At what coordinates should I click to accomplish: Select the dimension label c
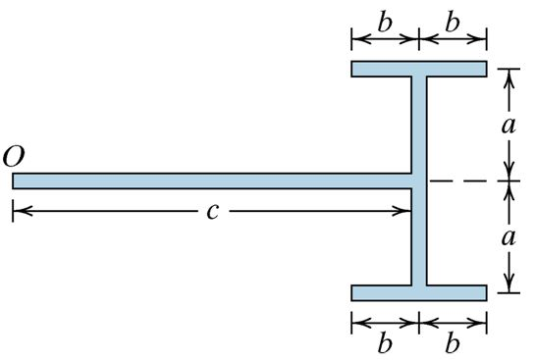pyautogui.click(x=212, y=212)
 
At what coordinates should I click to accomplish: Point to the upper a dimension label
pyautogui.click(x=509, y=125)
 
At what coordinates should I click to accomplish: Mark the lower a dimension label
pyautogui.click(x=509, y=237)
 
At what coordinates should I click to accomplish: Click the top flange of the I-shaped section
pyautogui.click(x=419, y=70)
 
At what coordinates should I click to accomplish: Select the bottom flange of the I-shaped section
pyautogui.click(x=419, y=292)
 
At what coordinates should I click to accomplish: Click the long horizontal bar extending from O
pyautogui.click(x=196, y=181)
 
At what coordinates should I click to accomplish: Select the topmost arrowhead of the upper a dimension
pyautogui.click(x=509, y=75)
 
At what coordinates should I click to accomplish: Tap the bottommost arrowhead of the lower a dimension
pyautogui.click(x=509, y=286)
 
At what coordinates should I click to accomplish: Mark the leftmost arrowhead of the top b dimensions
pyautogui.click(x=355, y=40)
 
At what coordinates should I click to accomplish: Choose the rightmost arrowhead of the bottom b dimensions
pyautogui.click(x=482, y=320)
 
